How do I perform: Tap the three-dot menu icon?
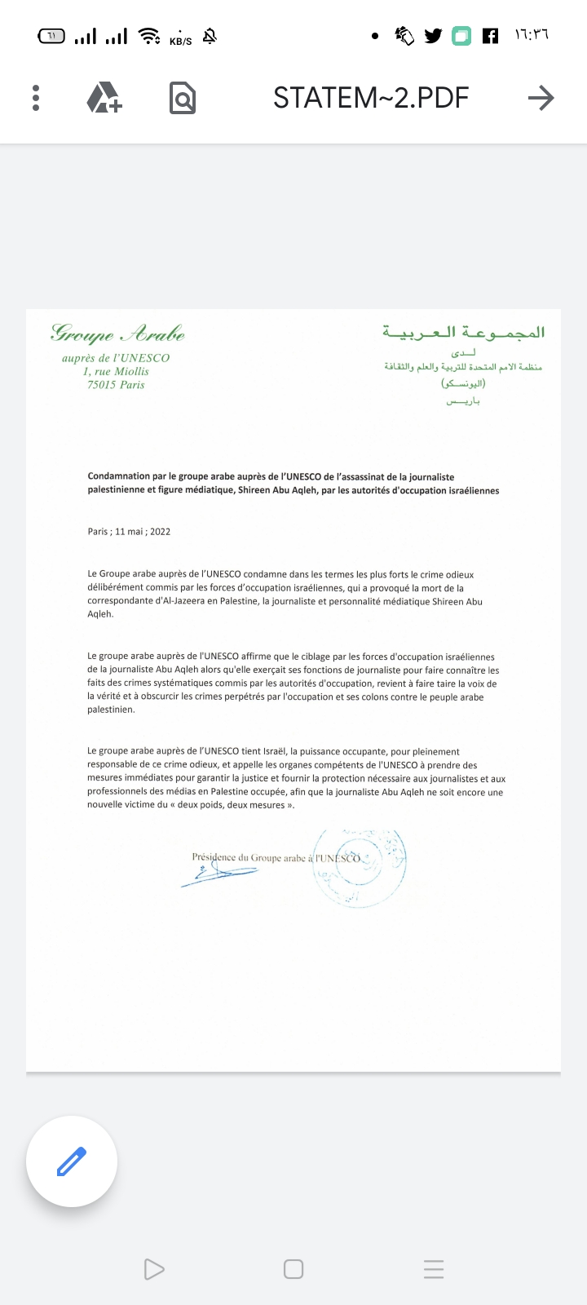click(36, 98)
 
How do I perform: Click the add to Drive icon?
click(104, 98)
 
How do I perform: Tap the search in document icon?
click(183, 98)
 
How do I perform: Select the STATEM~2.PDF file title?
click(371, 98)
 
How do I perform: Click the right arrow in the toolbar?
click(541, 98)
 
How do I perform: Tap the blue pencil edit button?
click(72, 1161)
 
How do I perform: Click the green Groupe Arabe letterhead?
click(117, 334)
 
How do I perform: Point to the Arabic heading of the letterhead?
click(463, 333)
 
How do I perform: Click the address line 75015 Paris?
click(116, 385)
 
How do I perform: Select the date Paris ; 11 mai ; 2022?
click(129, 532)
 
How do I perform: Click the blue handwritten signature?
click(218, 874)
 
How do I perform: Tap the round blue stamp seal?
click(360, 868)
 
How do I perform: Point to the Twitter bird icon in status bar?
click(433, 36)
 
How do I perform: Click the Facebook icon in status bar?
click(490, 36)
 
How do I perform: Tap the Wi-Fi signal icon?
click(149, 36)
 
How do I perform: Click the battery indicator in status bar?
click(51, 36)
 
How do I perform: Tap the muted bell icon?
click(210, 36)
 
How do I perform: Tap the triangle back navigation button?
click(153, 1269)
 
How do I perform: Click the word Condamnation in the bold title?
click(119, 477)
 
